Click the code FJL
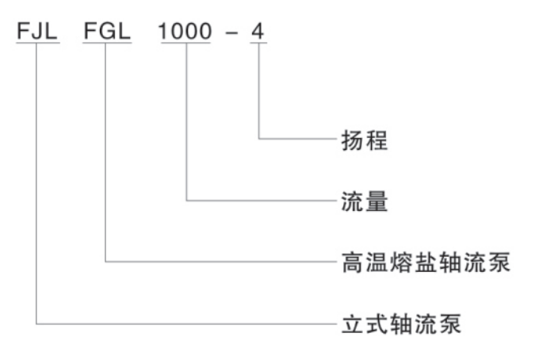(37, 31)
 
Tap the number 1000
(185, 31)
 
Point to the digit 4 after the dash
(259, 31)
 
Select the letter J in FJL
(36, 31)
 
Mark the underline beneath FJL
(37, 44)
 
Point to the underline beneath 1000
(185, 44)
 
